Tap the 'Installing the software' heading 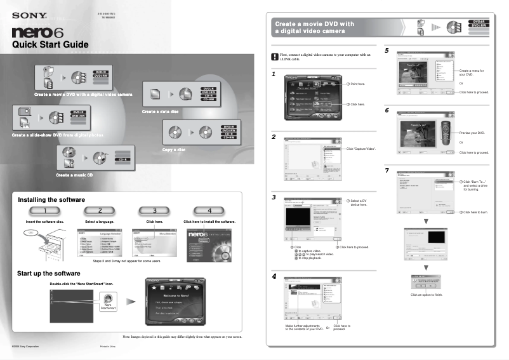pos(51,199)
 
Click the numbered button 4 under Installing pos(209,211)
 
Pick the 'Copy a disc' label pos(173,149)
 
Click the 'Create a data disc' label pos(160,112)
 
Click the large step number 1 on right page pos(273,74)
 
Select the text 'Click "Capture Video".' pos(361,148)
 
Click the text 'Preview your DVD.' pos(472,133)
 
